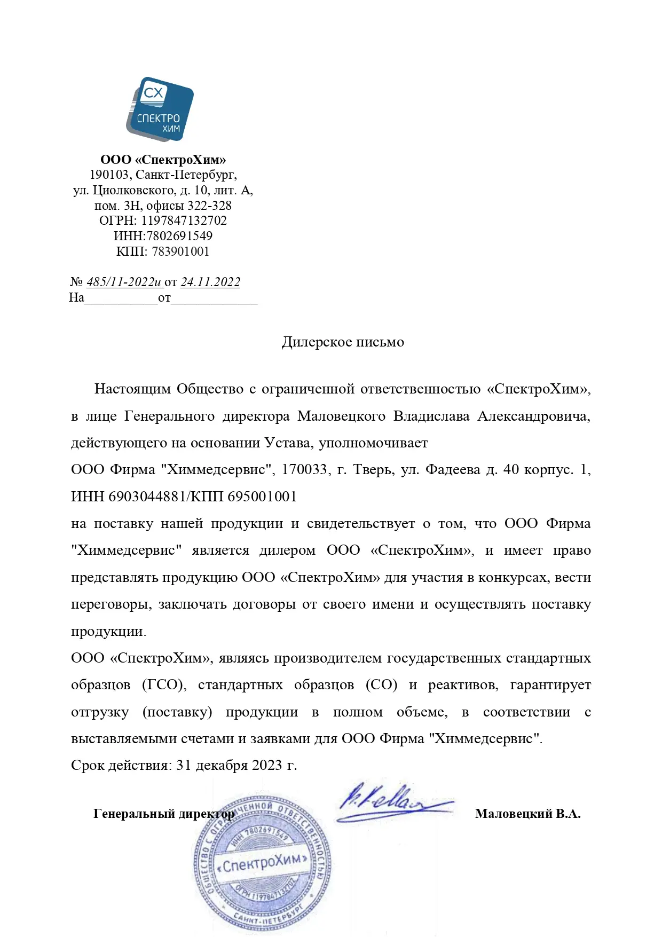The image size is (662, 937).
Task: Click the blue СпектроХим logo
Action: [160, 109]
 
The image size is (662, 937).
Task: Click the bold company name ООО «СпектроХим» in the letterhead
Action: [163, 160]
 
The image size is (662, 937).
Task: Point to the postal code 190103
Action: [109, 175]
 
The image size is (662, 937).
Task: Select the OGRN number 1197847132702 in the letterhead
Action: [184, 221]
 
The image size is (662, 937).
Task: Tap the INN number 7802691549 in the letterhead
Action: [179, 236]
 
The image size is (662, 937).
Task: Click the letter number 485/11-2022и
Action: [124, 282]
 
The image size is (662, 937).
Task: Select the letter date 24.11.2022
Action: [210, 282]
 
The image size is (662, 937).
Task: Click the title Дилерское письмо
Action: [343, 342]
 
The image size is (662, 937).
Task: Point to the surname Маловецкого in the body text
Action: [341, 416]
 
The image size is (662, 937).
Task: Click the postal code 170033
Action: [304, 469]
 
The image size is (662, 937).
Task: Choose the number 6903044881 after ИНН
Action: [145, 497]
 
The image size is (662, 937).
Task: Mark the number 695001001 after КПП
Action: [262, 497]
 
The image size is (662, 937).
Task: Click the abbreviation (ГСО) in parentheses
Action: [164, 684]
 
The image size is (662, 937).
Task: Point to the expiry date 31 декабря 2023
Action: [229, 765]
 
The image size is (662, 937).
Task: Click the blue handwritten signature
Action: [392, 804]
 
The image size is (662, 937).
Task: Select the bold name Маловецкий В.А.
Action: [527, 814]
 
